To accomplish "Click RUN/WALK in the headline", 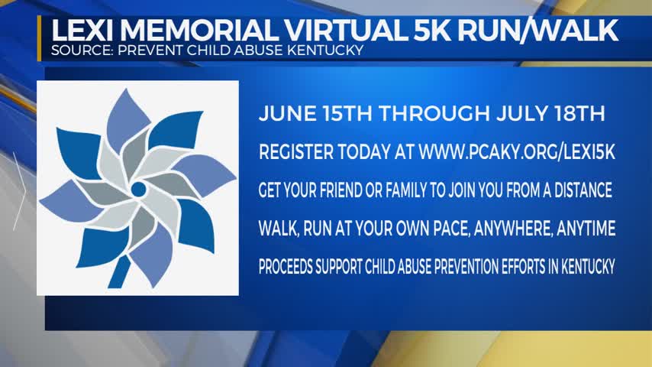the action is tap(537, 30).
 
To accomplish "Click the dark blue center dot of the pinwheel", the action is tap(138, 190).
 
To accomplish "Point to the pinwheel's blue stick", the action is tap(119, 271).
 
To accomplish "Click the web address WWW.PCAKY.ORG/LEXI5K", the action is tap(516, 152).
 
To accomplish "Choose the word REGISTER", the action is tap(296, 152).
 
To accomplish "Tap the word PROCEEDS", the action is tap(286, 267).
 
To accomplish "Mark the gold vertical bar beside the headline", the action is tap(40, 38).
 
